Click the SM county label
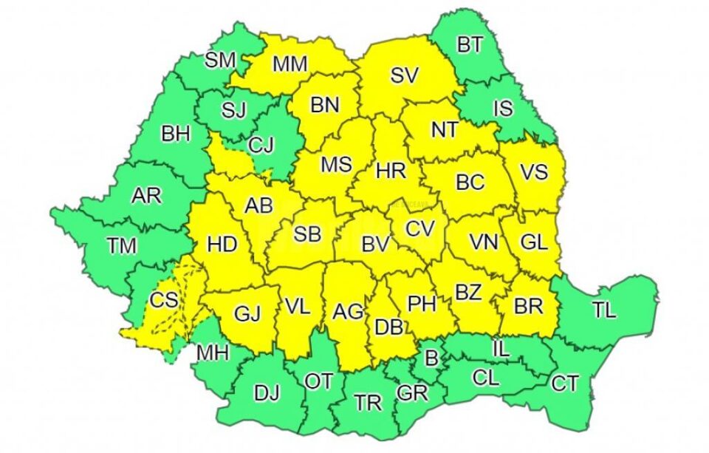(219, 60)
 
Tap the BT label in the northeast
(470, 45)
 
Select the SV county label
(404, 75)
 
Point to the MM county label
(290, 64)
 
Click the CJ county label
(261, 146)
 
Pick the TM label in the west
(121, 245)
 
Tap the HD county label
(222, 243)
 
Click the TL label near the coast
(603, 310)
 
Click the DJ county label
(267, 393)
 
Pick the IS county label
(503, 109)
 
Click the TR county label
(368, 403)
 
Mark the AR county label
(145, 196)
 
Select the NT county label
(445, 130)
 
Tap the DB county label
(389, 326)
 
